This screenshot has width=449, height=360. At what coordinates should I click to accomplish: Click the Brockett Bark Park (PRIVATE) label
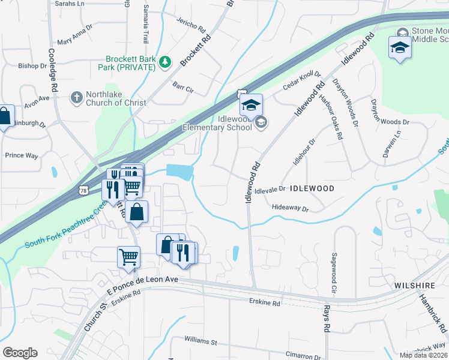[x=130, y=62]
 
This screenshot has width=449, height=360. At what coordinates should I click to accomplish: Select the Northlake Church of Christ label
[x=116, y=98]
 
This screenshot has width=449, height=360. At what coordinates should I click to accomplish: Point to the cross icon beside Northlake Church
[x=76, y=97]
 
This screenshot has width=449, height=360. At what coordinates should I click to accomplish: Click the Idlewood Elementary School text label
[x=218, y=123]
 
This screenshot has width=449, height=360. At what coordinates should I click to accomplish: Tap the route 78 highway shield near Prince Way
[x=83, y=190]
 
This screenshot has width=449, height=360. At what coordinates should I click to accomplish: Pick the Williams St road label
[x=200, y=341]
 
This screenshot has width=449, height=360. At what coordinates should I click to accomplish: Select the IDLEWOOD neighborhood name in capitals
[x=312, y=188]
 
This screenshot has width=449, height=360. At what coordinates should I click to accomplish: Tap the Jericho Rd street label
[x=191, y=29]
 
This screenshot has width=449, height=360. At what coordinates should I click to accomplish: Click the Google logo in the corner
[x=20, y=353]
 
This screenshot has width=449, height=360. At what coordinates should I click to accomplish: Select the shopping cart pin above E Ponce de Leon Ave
[x=128, y=258]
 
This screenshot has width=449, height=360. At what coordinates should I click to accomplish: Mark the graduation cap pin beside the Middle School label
[x=400, y=47]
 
